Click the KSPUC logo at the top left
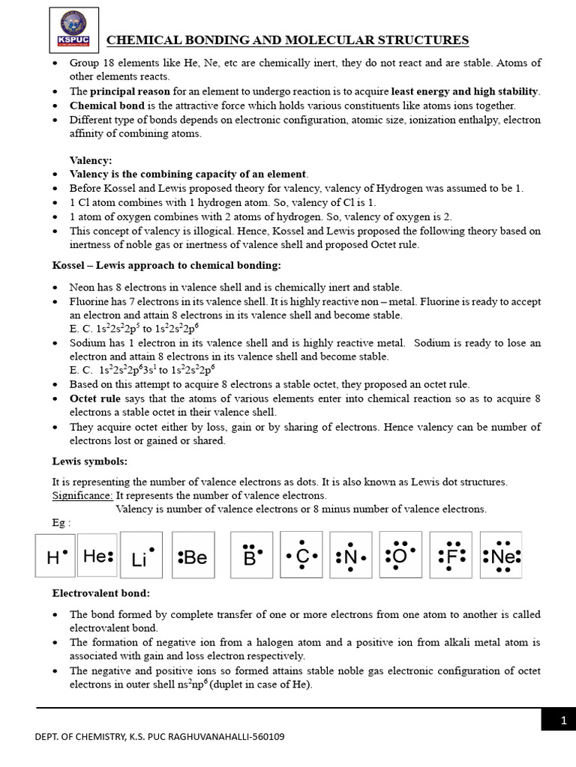pos(73,30)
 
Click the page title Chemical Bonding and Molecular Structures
pos(288,40)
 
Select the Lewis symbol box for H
pos(55,555)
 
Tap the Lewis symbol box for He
pos(97,555)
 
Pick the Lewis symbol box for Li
pos(141,555)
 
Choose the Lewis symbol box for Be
pos(193,555)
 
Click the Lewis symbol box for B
pos(251,555)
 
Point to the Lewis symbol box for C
pos(301,555)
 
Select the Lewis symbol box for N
pos(351,555)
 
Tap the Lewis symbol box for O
pos(400,555)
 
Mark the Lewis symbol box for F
pos(451,555)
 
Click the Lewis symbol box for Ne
pos(501,555)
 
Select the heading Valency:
pos(91,160)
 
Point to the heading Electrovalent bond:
pos(100,592)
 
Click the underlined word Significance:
pos(82,495)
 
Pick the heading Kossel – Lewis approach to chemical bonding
pos(166,265)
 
